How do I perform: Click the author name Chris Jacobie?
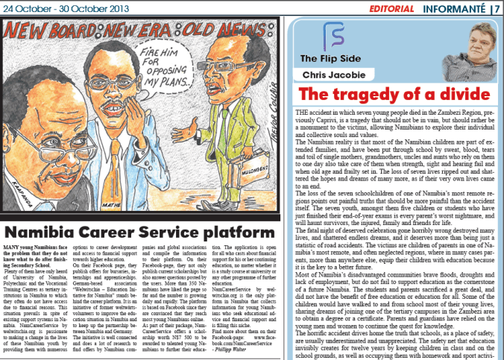[333, 75]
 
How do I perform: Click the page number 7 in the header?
[496, 8]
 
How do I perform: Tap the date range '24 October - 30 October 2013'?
[54, 8]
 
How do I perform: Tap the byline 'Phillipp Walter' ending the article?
[254, 350]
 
